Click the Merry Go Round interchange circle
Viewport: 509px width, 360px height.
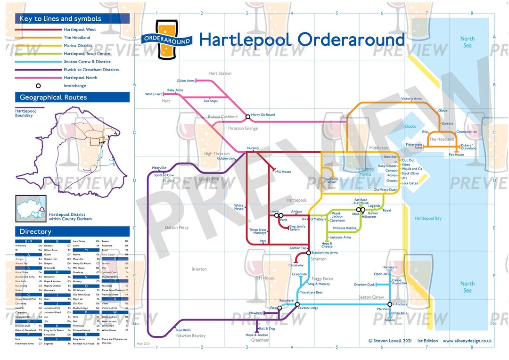pyautogui.click(x=248, y=116)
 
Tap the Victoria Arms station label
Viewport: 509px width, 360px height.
pyautogui.click(x=411, y=99)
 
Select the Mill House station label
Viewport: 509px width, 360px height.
pyautogui.click(x=283, y=172)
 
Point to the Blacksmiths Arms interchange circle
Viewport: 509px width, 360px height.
pyautogui.click(x=308, y=253)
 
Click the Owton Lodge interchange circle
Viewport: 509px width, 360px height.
pyautogui.click(x=297, y=304)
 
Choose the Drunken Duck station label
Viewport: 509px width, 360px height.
pyautogui.click(x=364, y=285)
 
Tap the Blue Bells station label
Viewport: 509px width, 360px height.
pyautogui.click(x=183, y=330)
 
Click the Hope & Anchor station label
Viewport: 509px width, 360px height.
pyautogui.click(x=257, y=335)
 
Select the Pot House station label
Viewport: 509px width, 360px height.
pyautogui.click(x=456, y=155)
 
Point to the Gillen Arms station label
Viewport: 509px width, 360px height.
pyautogui.click(x=185, y=81)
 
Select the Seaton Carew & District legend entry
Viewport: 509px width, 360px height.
pyautogui.click(x=87, y=62)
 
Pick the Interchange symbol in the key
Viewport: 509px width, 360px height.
pyautogui.click(x=38, y=86)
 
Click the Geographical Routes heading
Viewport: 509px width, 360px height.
pyautogui.click(x=53, y=98)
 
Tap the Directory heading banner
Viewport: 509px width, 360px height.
pyautogui.click(x=35, y=232)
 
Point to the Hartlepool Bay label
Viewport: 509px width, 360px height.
pyautogui.click(x=428, y=219)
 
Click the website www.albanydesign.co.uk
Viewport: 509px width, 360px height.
pyautogui.click(x=467, y=341)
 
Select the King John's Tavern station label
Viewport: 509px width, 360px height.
pyautogui.click(x=297, y=228)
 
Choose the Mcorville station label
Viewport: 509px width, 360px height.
pyautogui.click(x=159, y=168)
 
